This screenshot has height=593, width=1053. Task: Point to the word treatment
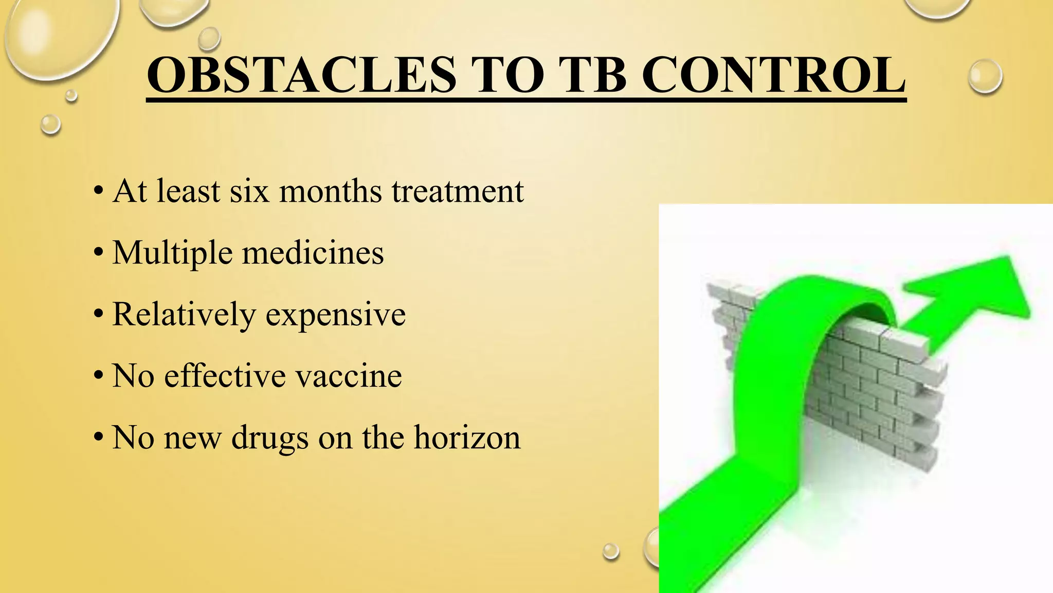(458, 191)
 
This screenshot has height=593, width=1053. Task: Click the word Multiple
(172, 253)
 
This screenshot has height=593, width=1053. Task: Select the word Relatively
(184, 315)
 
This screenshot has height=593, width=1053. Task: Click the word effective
(224, 376)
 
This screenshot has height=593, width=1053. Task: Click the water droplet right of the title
(985, 76)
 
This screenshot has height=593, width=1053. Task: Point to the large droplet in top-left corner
(59, 33)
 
